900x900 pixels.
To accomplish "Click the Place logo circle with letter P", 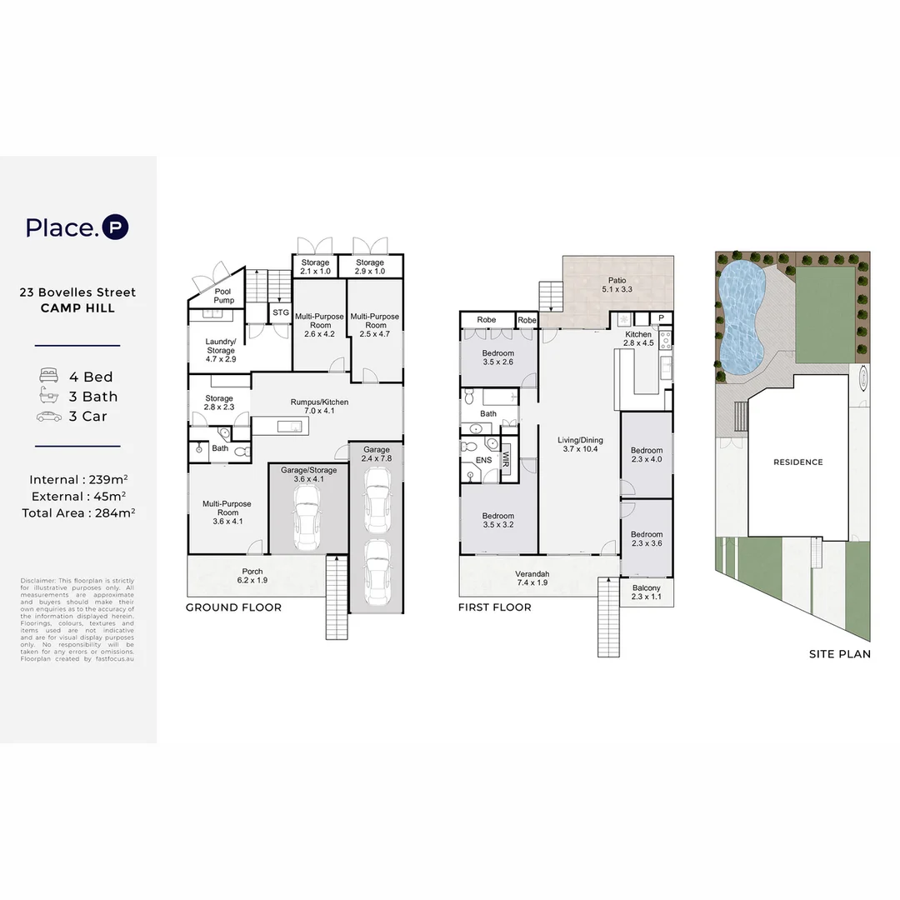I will click(x=115, y=227).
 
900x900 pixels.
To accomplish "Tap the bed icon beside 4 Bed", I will click(x=47, y=377).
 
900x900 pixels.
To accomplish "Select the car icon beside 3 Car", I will click(x=48, y=417).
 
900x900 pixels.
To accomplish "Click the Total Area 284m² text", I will click(x=78, y=512).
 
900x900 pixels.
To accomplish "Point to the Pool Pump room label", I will click(x=224, y=295).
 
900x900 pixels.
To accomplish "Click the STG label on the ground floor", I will click(x=281, y=312).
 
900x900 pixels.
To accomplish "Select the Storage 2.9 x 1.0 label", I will click(x=369, y=267).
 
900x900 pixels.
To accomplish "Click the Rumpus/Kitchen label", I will click(x=319, y=407).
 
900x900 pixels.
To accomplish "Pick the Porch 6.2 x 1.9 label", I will click(x=254, y=575).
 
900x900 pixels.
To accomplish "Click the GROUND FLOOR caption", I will click(x=233, y=607).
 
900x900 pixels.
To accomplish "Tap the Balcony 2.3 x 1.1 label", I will click(x=646, y=592).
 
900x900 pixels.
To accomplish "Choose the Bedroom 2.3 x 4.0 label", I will click(x=646, y=454).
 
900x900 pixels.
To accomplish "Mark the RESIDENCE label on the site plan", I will click(x=797, y=462).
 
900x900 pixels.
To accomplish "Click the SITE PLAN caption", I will click(x=839, y=654).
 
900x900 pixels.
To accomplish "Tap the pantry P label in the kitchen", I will click(x=661, y=317).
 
